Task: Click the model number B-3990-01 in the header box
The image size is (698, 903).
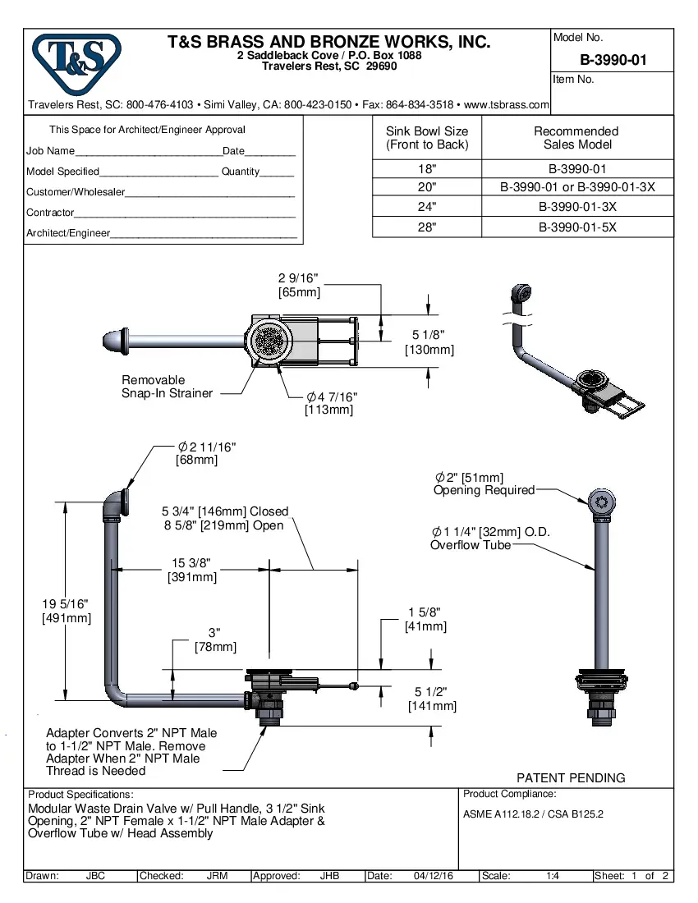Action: [613, 60]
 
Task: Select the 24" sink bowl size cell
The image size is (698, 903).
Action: [426, 207]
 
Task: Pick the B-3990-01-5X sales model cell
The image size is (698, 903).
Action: [577, 227]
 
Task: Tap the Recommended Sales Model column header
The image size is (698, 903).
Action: [576, 138]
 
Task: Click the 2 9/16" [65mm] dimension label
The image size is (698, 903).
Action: [299, 286]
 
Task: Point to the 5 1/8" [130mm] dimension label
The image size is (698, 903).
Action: [429, 342]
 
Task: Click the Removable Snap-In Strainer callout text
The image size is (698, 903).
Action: [167, 387]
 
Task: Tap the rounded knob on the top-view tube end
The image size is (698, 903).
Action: [111, 340]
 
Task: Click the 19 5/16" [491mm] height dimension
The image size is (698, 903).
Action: [66, 611]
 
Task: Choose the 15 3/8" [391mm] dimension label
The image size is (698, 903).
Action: [191, 570]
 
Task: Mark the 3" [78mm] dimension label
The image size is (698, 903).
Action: [215, 640]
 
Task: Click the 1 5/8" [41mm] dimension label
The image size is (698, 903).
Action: [425, 619]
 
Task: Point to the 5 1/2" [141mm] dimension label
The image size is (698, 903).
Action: [434, 699]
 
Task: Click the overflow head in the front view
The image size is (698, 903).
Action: [602, 504]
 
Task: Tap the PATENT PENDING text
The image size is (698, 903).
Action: [570, 777]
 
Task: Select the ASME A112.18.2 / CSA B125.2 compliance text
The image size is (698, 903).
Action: [533, 814]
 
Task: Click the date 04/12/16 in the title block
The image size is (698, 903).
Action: [434, 876]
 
